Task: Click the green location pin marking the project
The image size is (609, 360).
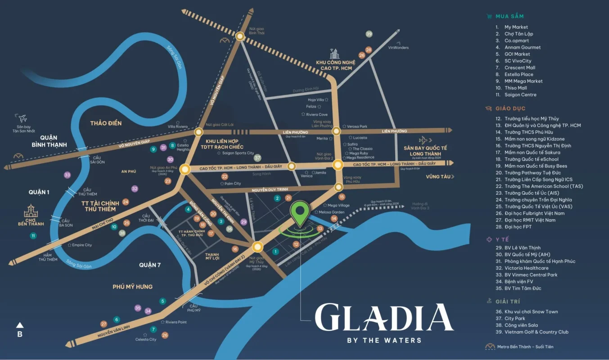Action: (299, 213)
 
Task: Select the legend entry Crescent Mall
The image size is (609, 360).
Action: (519, 67)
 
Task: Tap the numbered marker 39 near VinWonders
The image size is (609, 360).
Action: (369, 34)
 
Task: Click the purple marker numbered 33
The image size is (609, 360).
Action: (68, 175)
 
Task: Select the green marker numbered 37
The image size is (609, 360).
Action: (257, 158)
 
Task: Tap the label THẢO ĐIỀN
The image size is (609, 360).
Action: (106, 123)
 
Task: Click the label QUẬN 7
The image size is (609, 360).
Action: (150, 265)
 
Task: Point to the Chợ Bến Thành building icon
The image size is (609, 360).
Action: (31, 211)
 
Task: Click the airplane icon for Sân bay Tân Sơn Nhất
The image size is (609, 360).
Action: (22, 119)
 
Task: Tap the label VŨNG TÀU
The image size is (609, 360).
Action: (438, 177)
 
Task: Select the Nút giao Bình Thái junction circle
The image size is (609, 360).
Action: (240, 37)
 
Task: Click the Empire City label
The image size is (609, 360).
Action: (81, 245)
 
